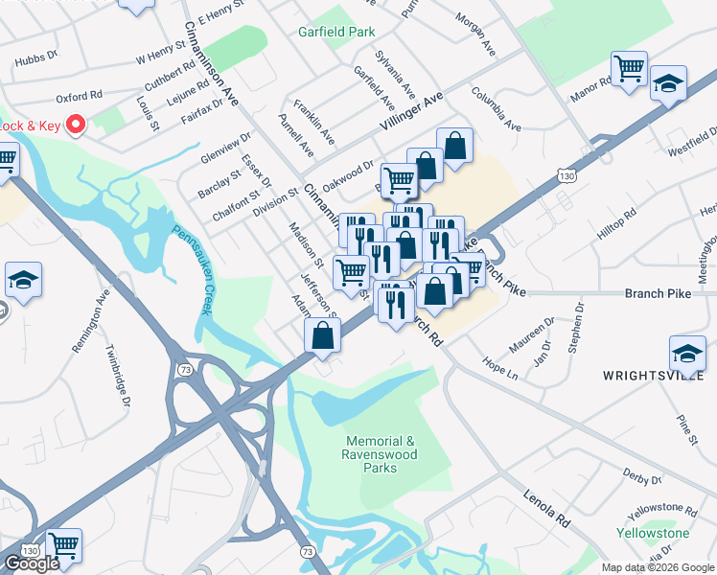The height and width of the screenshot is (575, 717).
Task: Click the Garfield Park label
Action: [336, 32]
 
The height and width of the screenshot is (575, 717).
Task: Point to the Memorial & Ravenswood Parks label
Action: [381, 454]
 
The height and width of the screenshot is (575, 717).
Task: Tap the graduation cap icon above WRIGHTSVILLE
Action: [687, 353]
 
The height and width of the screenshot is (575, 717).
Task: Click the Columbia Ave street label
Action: [496, 110]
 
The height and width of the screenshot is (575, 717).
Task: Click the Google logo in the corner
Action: [32, 563]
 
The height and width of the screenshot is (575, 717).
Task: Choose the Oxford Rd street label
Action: [79, 97]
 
